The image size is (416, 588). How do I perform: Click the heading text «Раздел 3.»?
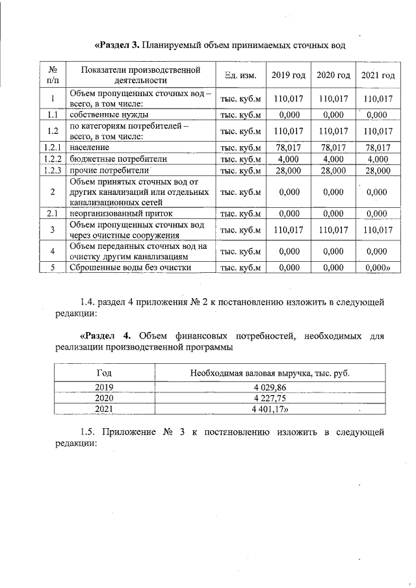(118, 45)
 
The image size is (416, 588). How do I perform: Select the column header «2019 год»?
(288, 75)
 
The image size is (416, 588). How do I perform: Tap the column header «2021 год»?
(378, 75)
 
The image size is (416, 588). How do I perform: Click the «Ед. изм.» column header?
(240, 75)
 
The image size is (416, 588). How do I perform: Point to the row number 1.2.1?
(51, 147)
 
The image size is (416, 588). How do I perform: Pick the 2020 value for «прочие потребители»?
(333, 171)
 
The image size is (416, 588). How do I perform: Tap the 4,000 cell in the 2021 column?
(378, 159)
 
